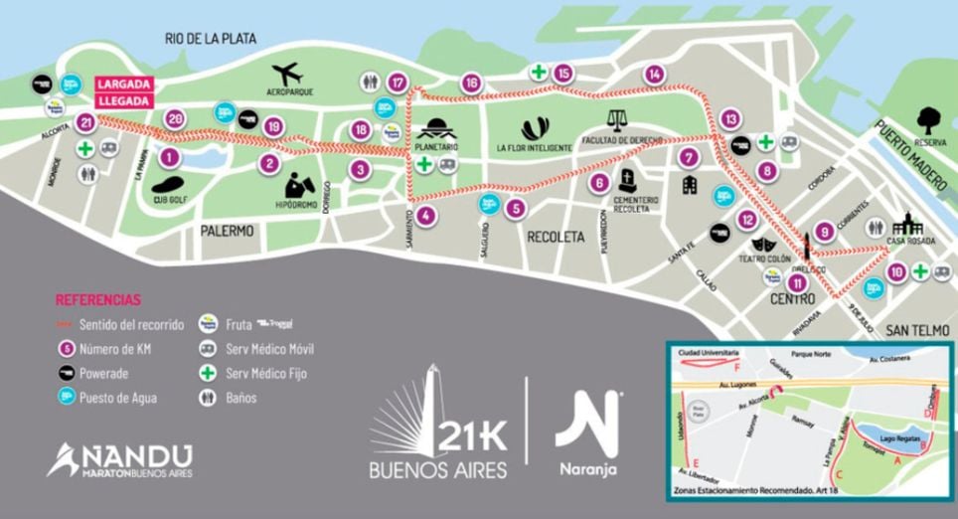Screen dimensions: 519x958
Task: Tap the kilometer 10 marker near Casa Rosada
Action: click(x=896, y=270)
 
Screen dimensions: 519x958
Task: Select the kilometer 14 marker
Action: click(x=653, y=74)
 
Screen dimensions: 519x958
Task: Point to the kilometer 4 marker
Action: click(x=425, y=215)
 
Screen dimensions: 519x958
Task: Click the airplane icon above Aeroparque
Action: click(x=289, y=74)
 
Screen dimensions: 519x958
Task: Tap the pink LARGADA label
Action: click(x=123, y=84)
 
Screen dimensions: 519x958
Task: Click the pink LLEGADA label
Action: click(x=123, y=100)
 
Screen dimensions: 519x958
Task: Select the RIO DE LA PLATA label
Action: click(x=211, y=39)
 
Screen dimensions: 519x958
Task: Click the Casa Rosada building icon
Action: click(x=907, y=226)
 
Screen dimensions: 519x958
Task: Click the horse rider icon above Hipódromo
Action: click(x=301, y=183)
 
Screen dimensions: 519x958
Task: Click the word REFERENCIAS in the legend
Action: click(x=98, y=299)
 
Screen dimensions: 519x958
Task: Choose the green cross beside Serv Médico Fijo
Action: click(x=209, y=375)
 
